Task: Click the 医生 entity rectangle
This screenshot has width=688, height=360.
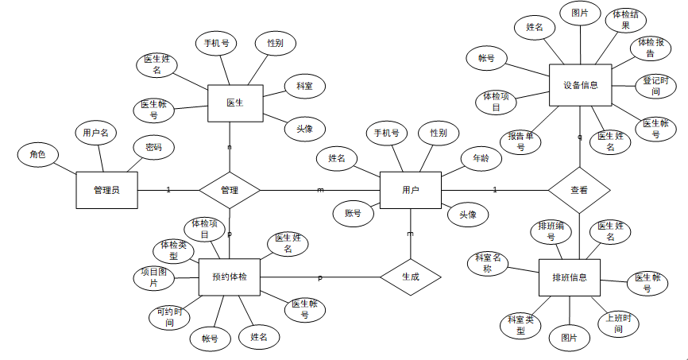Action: point(234,103)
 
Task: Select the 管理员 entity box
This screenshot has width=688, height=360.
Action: point(106,190)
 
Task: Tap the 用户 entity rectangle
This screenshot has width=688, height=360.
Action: point(410,190)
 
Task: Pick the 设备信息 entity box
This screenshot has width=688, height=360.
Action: point(580,85)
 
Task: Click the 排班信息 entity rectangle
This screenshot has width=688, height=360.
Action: point(569,277)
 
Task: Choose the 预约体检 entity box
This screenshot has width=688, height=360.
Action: point(230,277)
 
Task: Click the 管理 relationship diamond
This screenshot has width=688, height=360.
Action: point(230,190)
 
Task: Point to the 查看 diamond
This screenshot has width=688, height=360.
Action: point(579,190)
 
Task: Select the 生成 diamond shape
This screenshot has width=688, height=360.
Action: point(410,277)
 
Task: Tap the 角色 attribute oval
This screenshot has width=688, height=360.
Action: point(37,154)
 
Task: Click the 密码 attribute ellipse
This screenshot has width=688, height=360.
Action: point(153,147)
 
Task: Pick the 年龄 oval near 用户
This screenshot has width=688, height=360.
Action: point(481,158)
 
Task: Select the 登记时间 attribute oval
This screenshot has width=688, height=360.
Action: point(656,86)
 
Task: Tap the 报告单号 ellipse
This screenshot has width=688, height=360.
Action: point(520,141)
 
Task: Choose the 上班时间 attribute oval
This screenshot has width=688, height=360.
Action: point(618,323)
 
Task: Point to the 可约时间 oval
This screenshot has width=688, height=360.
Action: point(169,318)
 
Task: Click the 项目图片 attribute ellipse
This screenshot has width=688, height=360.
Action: point(149,277)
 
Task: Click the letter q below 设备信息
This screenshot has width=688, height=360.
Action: point(579,137)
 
